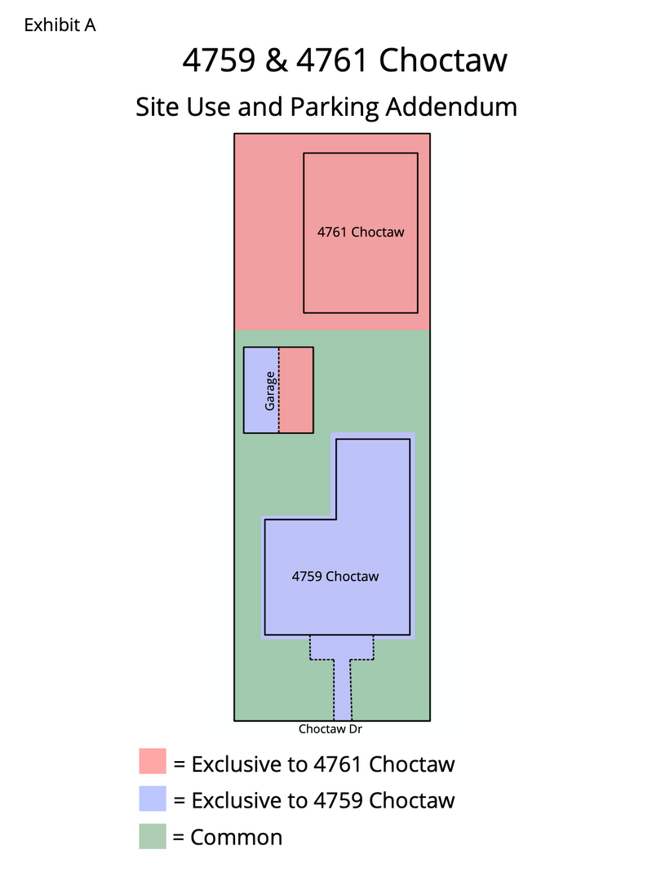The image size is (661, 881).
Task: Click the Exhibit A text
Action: pos(60,25)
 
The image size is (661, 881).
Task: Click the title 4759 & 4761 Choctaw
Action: pos(344,60)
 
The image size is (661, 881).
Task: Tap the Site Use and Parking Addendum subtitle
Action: pos(326,106)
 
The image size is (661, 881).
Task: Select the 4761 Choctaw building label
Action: pos(361,232)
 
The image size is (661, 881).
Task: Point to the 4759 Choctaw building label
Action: pos(335,576)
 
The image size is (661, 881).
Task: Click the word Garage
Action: pos(270,390)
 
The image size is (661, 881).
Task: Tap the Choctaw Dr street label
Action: pos(330,730)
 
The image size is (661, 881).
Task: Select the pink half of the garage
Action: pos(297,390)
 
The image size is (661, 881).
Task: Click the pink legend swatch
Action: pos(153,762)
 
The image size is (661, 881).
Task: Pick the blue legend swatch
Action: pos(153,799)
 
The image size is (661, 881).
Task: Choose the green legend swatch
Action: pos(153,835)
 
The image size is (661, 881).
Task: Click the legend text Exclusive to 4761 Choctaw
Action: pos(314,764)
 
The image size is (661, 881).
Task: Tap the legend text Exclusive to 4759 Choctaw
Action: pos(314,800)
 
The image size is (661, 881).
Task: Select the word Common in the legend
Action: pos(236,837)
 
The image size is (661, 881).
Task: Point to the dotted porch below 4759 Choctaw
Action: pos(341,648)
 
